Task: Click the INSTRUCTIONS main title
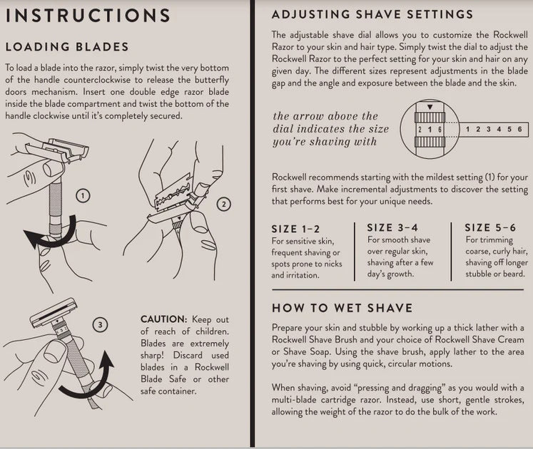pos(88,15)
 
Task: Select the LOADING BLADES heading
pos(67,47)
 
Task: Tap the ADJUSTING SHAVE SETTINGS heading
pos(372,14)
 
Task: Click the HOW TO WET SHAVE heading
pos(342,308)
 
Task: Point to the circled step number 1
pos(83,195)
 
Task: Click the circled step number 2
pos(223,205)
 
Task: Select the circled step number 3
pos(101,324)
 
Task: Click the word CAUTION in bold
pos(163,320)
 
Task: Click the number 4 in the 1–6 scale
pos(499,129)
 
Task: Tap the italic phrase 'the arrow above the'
pos(325,116)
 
